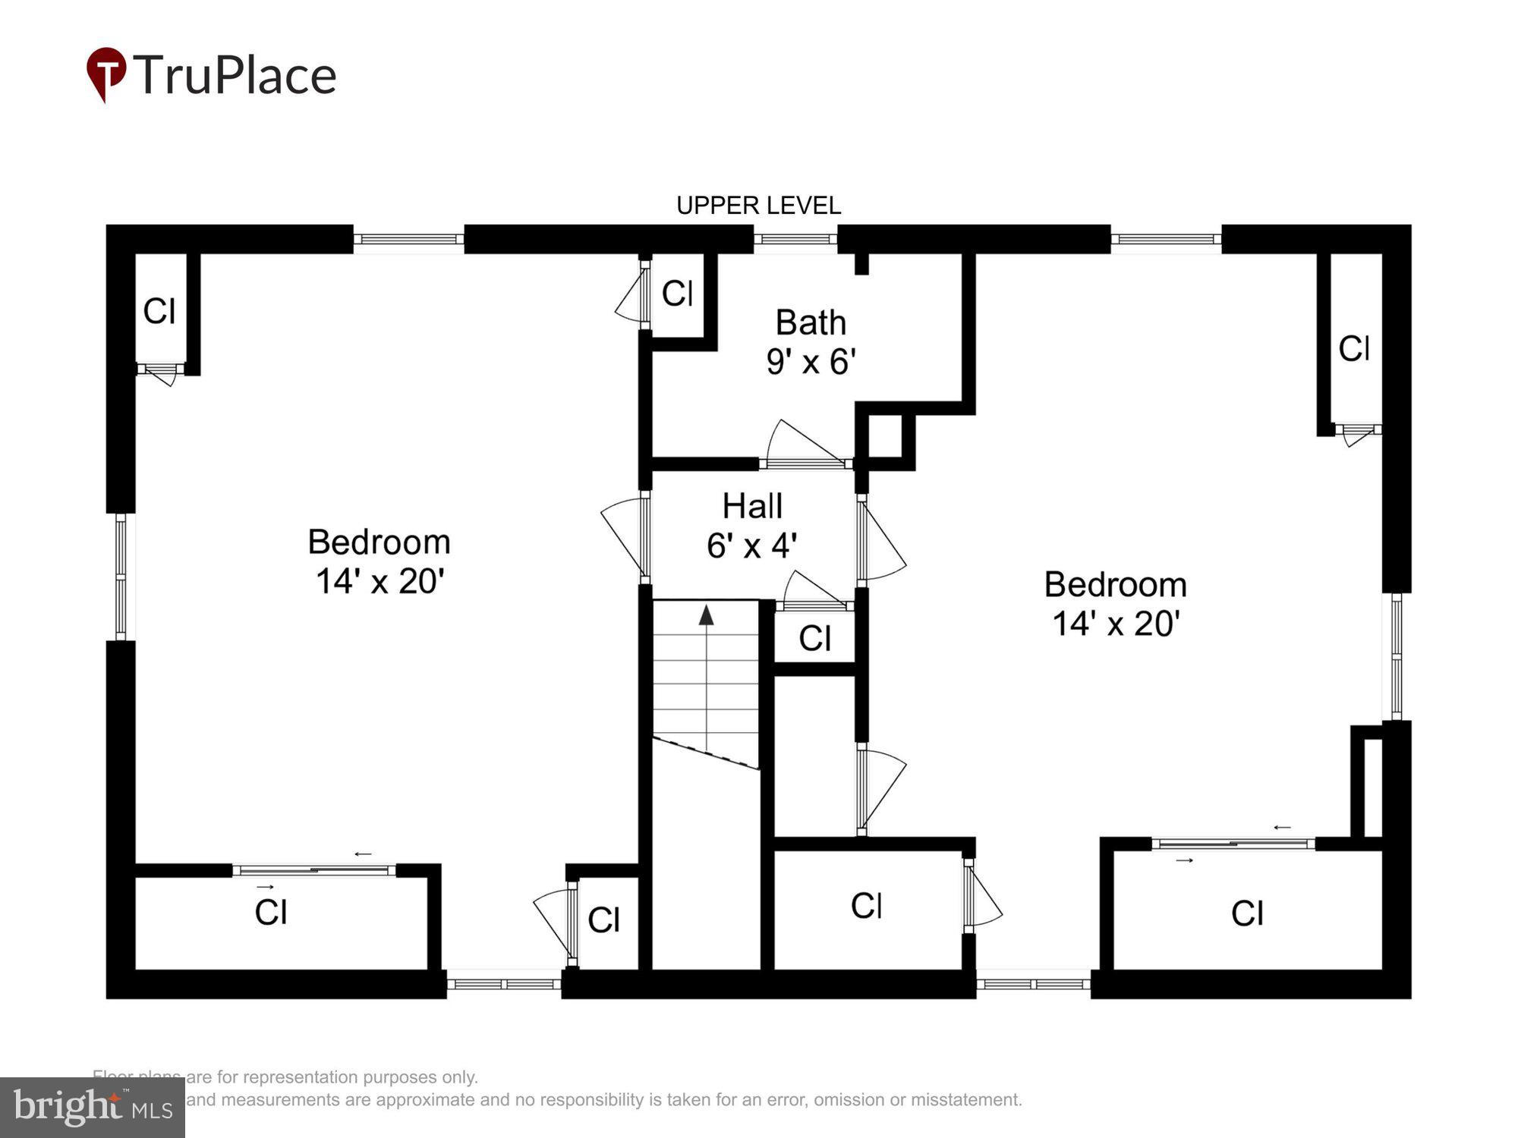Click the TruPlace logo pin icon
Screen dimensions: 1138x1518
106,73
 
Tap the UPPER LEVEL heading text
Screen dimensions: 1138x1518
758,206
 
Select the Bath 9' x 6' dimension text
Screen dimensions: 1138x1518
811,362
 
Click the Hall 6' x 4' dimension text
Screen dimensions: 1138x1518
751,545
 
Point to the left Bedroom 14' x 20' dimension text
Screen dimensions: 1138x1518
379,582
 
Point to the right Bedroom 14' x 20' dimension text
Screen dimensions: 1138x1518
1115,624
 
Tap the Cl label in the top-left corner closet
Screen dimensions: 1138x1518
159,311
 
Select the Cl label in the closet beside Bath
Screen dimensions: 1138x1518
677,294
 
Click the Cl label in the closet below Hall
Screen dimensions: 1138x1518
814,639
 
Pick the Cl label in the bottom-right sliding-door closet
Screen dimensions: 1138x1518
1247,913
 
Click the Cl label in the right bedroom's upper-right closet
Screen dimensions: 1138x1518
1354,349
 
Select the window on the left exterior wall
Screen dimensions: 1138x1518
121,577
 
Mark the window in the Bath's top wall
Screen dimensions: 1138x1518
795,239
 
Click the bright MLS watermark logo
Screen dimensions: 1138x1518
92,1108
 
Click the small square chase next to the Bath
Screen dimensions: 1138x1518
885,435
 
